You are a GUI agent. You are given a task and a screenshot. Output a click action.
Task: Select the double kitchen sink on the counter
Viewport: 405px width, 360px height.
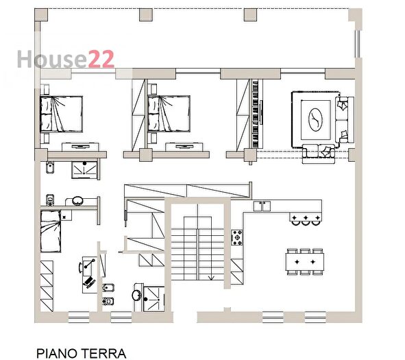coord(262,205)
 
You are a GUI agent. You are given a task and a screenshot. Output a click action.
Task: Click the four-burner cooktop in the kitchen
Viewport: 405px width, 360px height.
coord(238,239)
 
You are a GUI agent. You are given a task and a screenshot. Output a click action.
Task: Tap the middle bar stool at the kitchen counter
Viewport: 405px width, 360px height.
coord(306,219)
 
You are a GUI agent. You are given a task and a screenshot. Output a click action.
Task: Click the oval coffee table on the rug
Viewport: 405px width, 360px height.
coord(316,118)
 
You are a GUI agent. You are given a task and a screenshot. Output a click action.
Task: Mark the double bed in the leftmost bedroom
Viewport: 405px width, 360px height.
coord(62,113)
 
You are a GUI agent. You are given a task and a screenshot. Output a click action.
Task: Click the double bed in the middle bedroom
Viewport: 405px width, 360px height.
coord(169,113)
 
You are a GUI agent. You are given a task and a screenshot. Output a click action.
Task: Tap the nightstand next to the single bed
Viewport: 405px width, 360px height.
coord(66,215)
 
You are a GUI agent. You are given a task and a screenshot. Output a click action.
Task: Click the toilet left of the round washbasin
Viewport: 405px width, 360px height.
coord(49,200)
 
